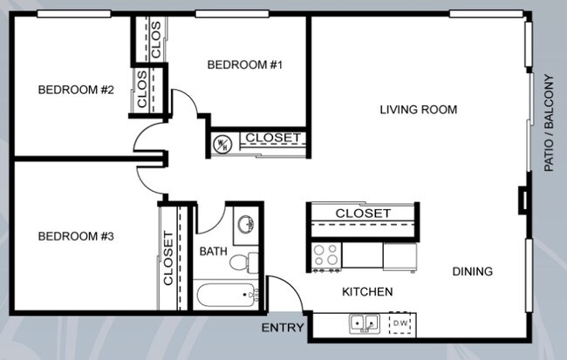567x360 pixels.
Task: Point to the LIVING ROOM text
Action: pos(419,110)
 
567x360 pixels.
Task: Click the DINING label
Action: pos(472,271)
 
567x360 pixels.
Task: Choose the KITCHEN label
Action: pos(366,292)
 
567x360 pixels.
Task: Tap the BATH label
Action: pos(213,252)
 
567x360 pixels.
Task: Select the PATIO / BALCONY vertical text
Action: pos(550,122)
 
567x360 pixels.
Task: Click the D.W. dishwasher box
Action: pos(401,324)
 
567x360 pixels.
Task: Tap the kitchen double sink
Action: pos(365,324)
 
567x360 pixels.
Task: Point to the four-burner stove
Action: pos(326,255)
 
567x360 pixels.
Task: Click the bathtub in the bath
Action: pos(225,295)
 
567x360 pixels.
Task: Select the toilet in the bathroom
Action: pos(252,261)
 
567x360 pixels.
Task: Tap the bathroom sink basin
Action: pos(247,223)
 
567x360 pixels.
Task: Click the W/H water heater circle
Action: pos(222,143)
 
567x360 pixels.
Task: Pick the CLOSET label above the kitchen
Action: pos(363,213)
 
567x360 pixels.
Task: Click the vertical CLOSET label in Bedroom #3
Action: pos(167,258)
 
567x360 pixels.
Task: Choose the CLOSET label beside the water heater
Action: pos(272,139)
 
